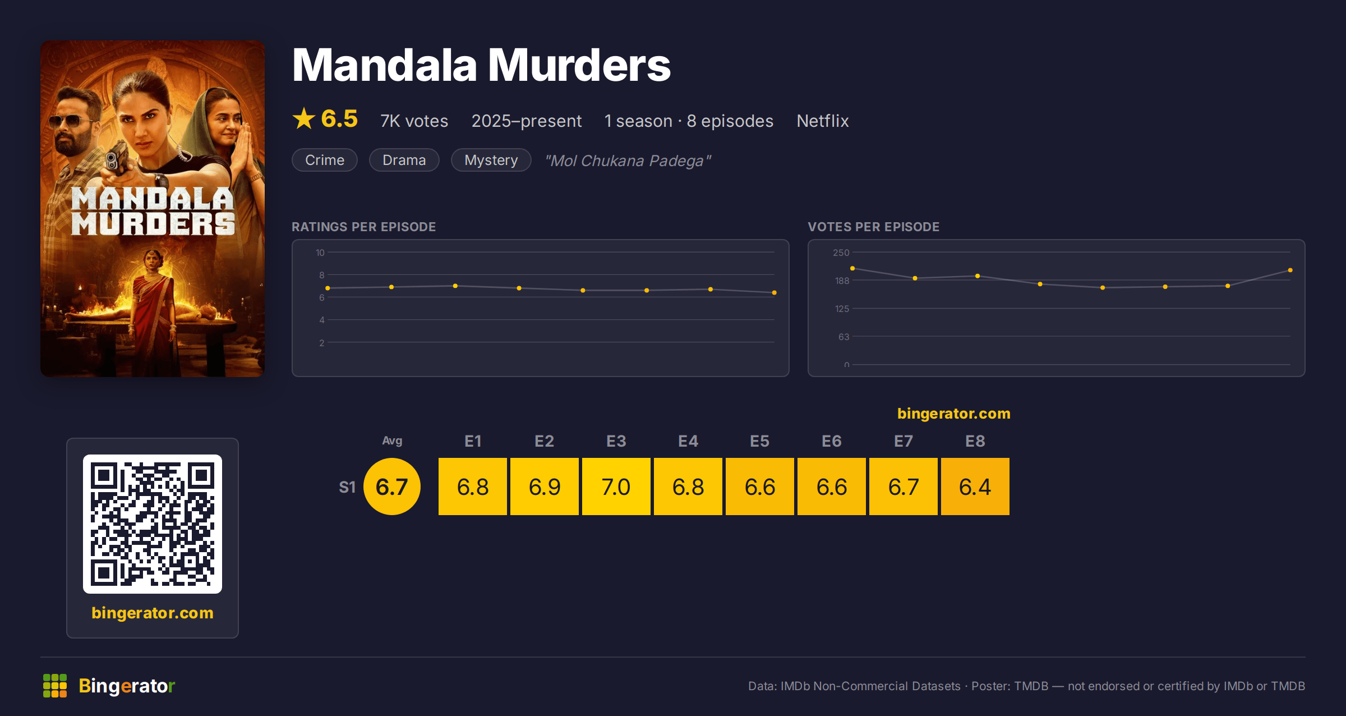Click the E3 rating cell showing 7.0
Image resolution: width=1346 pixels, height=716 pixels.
tap(616, 486)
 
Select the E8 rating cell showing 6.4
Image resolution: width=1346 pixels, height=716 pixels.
tap(975, 486)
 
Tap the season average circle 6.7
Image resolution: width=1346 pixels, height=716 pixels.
tap(392, 486)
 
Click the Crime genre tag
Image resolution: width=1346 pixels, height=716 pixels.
tap(325, 160)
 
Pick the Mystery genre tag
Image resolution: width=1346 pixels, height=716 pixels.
tap(491, 160)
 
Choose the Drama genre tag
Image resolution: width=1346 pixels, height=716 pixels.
tap(404, 160)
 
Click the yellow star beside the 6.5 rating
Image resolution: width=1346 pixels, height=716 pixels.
tap(304, 118)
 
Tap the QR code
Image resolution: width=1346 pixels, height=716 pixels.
tap(153, 524)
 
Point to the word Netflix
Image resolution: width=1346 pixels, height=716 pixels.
tap(823, 121)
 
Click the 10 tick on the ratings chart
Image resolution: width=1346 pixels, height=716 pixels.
tap(320, 253)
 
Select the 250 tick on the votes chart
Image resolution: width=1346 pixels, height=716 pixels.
tap(841, 253)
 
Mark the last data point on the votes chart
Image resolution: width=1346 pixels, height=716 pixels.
tap(1290, 270)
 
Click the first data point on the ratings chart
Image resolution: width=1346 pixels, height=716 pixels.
tap(328, 288)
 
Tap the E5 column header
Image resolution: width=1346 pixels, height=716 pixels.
tap(760, 441)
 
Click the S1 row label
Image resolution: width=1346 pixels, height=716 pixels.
tap(347, 487)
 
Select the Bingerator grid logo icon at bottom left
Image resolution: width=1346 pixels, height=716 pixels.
tap(55, 686)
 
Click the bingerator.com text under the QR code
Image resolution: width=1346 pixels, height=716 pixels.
tap(153, 613)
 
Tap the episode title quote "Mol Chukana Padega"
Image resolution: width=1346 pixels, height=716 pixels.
tap(628, 160)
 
